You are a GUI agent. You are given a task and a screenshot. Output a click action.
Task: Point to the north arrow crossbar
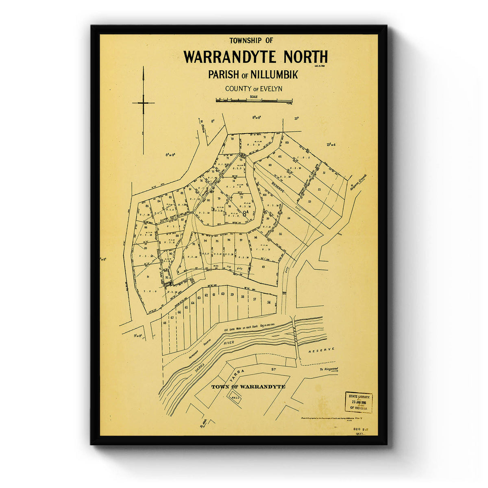coord(143,103)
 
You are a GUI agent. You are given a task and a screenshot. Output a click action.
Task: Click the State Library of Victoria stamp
coord(358,402)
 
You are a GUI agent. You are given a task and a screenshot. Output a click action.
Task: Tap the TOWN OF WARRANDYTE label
coord(248,387)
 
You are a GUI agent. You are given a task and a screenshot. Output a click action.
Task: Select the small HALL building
coord(235,397)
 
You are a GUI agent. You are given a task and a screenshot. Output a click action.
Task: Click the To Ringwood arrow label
coord(328,369)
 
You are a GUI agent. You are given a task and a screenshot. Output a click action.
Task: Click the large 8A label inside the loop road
coord(245,212)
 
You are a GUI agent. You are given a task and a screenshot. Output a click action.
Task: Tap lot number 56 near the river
coord(269,303)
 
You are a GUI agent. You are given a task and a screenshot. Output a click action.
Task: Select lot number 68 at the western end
coord(165,323)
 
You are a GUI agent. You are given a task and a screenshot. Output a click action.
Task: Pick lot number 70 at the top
coord(232,139)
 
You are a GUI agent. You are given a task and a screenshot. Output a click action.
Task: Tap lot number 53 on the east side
coord(310,202)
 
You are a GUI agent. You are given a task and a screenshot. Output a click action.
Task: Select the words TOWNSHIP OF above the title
coord(251,40)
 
